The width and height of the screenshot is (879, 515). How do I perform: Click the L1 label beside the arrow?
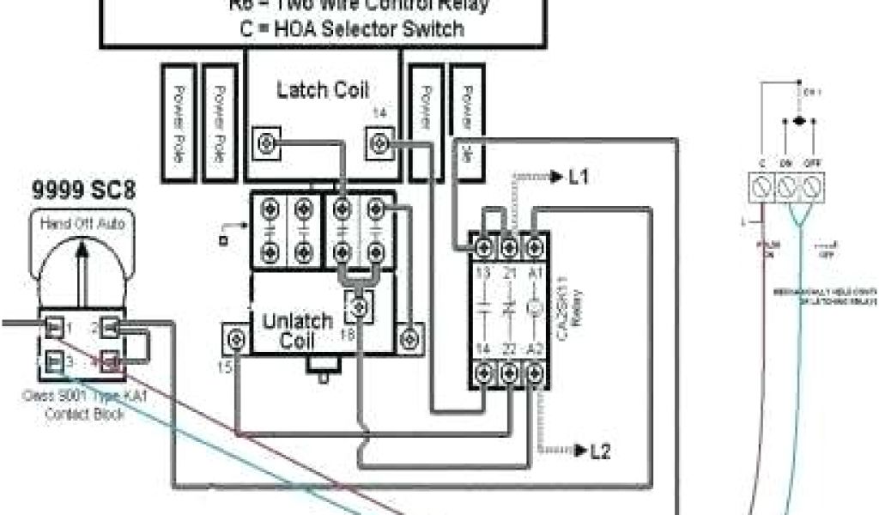(x=579, y=178)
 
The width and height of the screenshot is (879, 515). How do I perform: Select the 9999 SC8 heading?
(x=83, y=191)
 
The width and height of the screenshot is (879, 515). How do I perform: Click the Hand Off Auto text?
(x=82, y=224)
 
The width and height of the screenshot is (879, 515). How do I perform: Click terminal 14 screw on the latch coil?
(x=379, y=141)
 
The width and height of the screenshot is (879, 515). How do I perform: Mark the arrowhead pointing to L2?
(x=579, y=451)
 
